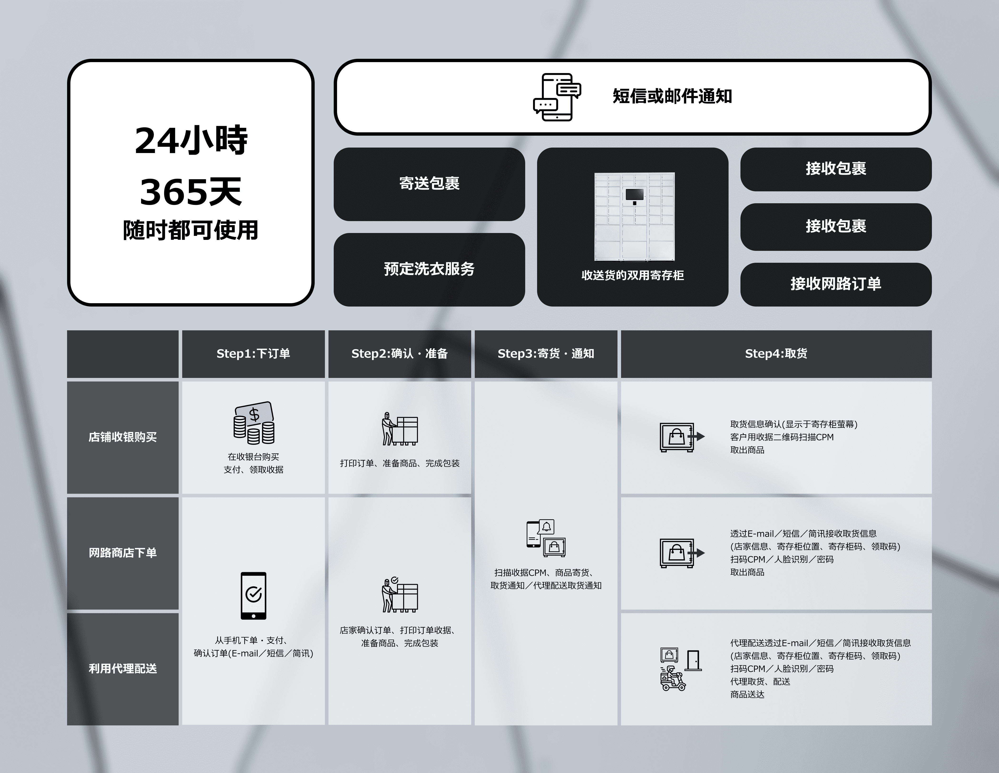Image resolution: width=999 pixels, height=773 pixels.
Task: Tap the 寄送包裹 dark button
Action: tap(429, 183)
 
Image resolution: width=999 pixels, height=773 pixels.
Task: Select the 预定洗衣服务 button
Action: tap(429, 269)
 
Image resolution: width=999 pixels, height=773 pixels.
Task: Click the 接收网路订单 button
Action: tap(836, 284)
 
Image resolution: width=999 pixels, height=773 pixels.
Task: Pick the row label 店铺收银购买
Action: tap(122, 437)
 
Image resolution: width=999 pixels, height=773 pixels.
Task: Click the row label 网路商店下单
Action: tap(122, 553)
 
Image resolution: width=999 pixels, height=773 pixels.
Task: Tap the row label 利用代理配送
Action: tap(122, 669)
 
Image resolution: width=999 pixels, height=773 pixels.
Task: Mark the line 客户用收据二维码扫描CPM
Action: tap(782, 437)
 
